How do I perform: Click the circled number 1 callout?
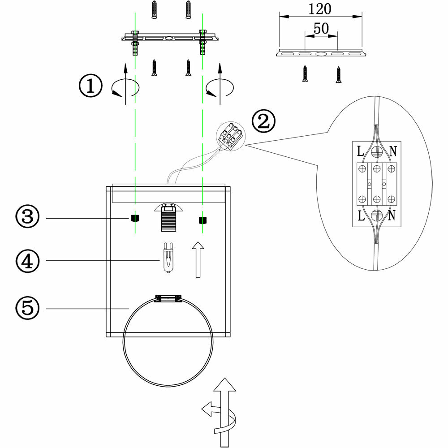(x=90, y=86)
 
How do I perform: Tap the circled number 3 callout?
(x=27, y=218)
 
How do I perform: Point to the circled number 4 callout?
(x=27, y=260)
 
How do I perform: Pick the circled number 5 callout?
(x=27, y=308)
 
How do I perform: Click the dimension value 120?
(x=320, y=9)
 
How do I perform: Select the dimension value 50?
(x=321, y=28)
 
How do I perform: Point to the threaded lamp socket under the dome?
(x=168, y=220)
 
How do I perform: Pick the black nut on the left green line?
(x=134, y=219)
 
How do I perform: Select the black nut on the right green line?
(x=203, y=220)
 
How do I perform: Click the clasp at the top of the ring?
(x=168, y=298)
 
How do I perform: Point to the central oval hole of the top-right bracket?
(x=321, y=55)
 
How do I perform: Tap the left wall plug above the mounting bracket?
(x=154, y=9)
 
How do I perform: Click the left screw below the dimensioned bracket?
(x=306, y=73)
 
